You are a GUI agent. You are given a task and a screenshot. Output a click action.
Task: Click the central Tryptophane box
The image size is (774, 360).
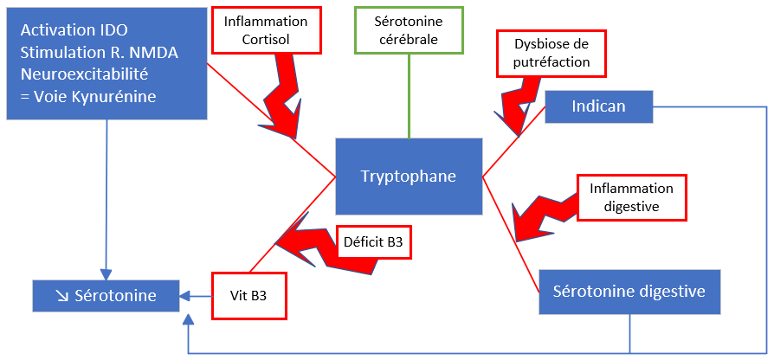[408, 176]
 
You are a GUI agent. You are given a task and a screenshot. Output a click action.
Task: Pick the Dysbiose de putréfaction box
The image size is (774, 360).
[551, 53]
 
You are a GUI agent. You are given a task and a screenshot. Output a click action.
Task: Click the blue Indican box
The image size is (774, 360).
[598, 106]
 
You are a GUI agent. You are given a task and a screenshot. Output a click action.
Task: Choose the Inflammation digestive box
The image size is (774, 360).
[630, 196]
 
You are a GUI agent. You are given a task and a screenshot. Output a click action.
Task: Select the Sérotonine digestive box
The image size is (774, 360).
[629, 291]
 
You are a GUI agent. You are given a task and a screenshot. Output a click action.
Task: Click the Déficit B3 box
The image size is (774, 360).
[372, 242]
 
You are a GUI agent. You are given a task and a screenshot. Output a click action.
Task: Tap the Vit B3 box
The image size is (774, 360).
[248, 295]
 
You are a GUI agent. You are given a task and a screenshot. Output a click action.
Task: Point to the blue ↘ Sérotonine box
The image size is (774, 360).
[106, 295]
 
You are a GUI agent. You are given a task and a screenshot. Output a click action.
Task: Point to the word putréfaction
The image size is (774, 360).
[551, 61]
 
